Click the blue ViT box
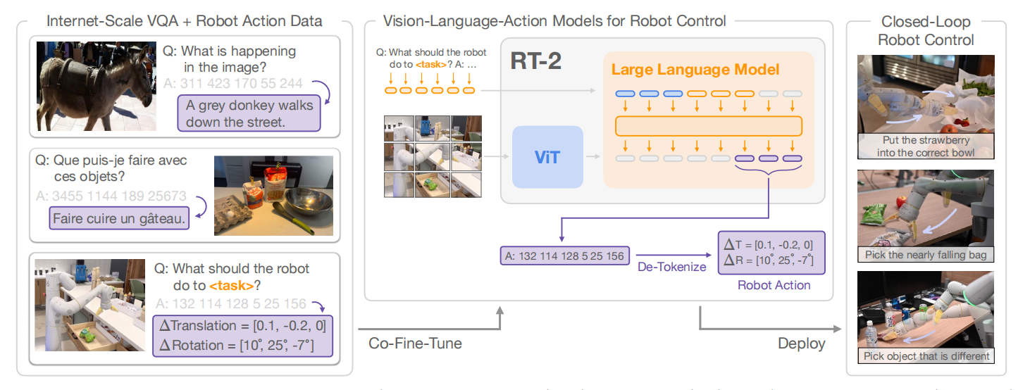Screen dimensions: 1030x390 [547, 157]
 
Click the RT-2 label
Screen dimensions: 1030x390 [535, 61]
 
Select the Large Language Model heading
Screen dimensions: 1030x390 [695, 70]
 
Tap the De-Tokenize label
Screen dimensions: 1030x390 [671, 267]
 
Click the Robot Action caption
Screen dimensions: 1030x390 [774, 285]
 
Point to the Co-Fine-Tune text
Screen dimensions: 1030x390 [415, 344]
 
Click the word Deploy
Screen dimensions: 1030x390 [802, 344]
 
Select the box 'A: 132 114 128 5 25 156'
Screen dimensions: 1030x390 [564, 256]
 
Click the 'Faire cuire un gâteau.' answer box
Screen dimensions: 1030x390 [119, 218]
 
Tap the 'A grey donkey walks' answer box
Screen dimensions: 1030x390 [249, 113]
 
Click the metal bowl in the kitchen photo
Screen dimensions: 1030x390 [309, 203]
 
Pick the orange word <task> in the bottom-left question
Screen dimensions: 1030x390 [232, 286]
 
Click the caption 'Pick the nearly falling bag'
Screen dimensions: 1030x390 [926, 255]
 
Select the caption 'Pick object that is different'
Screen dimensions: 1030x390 [926, 356]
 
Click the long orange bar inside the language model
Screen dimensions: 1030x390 [709, 126]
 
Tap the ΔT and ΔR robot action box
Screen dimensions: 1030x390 [771, 253]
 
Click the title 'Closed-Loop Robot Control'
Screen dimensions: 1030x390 [926, 31]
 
